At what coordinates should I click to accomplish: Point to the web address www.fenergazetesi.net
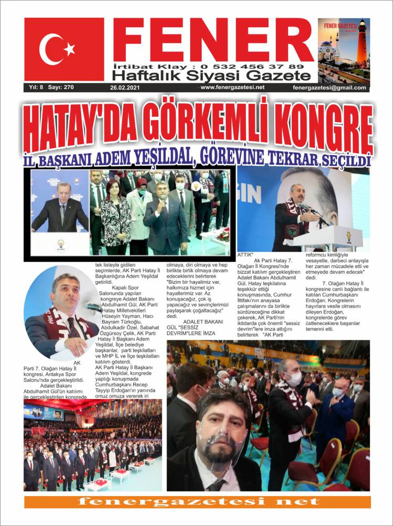pos(232,87)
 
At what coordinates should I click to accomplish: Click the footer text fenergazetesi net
pos(196,502)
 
